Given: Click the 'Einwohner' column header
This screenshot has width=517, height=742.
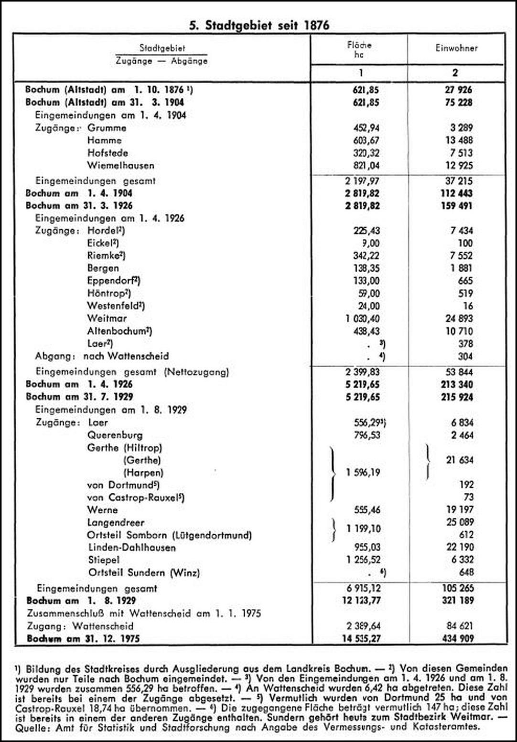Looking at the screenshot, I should [456, 48].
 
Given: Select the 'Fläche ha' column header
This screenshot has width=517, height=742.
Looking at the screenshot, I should [359, 50].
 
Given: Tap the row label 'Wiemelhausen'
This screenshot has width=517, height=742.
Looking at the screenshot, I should [120, 166].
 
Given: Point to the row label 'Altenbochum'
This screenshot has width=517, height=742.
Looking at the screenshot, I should [119, 331].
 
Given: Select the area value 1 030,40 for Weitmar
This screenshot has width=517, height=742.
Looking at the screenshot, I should [363, 318].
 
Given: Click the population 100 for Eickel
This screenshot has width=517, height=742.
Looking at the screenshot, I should [464, 243].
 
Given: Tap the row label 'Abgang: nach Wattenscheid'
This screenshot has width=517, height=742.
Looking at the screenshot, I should [101, 356].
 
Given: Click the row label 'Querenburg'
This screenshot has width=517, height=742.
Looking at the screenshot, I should [115, 435].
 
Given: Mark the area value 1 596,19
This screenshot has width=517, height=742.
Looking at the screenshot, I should [363, 472].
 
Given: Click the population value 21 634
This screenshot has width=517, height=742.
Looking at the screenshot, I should [460, 460].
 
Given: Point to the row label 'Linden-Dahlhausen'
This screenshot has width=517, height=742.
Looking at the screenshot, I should [131, 547].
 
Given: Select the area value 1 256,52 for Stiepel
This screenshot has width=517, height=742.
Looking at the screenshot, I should [363, 560].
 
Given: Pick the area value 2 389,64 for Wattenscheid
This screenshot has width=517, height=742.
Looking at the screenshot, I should [363, 626].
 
